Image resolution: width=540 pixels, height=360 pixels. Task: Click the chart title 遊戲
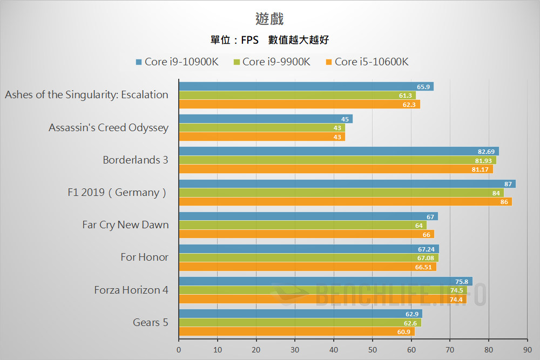269,19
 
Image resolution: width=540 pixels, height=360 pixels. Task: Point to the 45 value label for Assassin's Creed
345,119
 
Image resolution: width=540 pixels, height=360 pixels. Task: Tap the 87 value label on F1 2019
508,184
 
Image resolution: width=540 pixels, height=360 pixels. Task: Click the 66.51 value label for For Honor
424,267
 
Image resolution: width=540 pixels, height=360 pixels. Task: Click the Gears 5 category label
150,322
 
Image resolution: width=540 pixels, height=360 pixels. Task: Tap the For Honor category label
144,257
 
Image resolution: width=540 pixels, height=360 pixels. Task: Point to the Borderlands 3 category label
136,160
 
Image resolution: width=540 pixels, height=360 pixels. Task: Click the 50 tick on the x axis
373,349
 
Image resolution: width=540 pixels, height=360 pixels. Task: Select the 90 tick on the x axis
527,349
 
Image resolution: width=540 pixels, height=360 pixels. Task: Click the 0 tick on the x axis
179,349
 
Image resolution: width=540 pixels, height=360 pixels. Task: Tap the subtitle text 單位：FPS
234,40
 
